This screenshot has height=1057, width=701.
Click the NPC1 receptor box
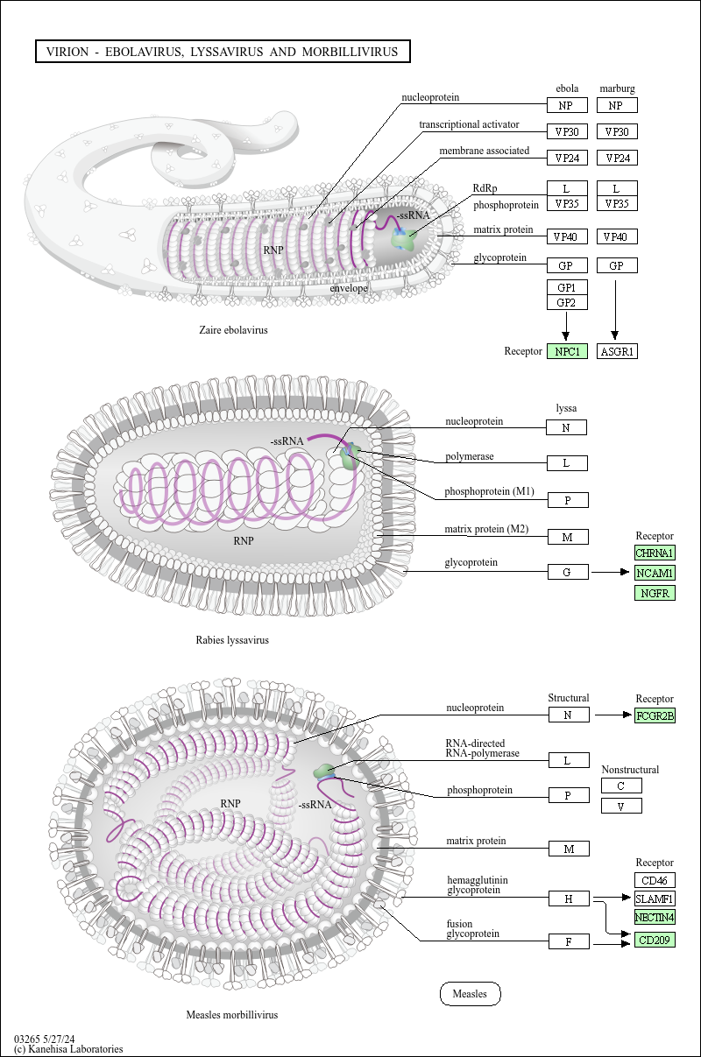567,351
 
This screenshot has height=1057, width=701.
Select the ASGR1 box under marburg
617,351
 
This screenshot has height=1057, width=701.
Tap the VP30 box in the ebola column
567,131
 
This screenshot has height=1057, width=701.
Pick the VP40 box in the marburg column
617,236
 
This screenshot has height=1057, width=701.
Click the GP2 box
567,302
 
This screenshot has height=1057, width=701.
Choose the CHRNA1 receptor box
655,553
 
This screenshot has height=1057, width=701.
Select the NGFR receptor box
655,593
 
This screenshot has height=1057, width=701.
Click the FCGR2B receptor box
655,715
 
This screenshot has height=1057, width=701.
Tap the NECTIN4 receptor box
655,917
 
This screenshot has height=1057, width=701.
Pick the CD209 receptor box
655,940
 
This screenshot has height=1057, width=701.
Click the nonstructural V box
621,806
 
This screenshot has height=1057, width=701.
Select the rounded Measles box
471,993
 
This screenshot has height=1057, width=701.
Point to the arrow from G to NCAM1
611,572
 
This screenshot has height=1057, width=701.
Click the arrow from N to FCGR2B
612,715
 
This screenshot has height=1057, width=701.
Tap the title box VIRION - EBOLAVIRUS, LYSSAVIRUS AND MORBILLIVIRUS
223,51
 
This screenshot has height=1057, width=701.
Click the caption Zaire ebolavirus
233,330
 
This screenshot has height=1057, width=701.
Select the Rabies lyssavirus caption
232,640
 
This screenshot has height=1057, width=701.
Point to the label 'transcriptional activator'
469,124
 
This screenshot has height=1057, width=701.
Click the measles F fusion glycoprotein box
569,941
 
